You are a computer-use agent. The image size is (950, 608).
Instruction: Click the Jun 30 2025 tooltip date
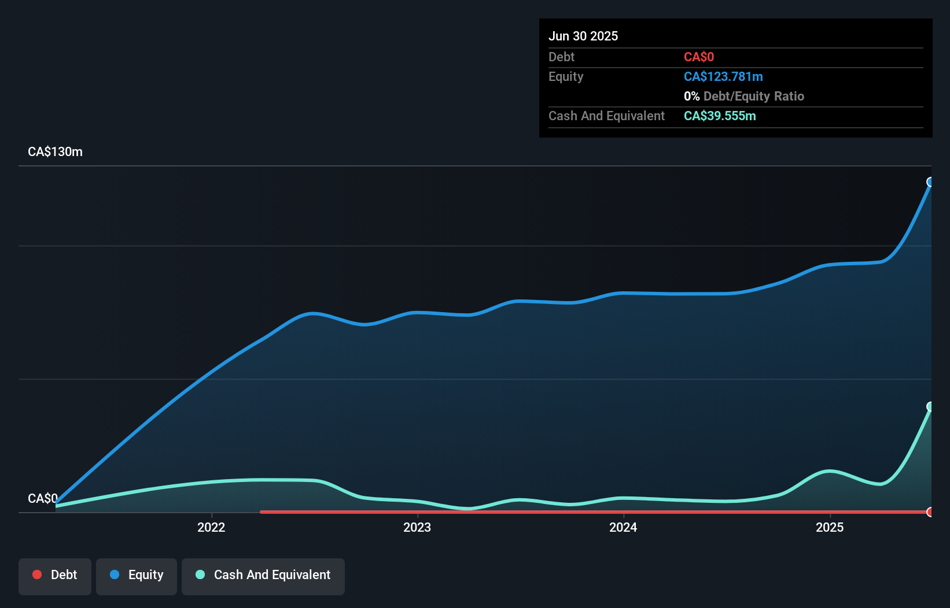[x=583, y=36]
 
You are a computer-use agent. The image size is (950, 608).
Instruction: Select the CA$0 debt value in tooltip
[x=698, y=57]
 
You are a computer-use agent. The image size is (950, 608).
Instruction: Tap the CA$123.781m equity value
[x=723, y=76]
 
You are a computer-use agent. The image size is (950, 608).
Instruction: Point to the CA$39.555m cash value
[x=719, y=116]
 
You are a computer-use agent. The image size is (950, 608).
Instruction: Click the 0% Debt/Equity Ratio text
[x=743, y=96]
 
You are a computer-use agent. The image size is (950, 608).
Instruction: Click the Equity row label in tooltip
[x=565, y=76]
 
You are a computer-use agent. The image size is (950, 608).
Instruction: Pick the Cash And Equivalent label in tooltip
[x=606, y=116]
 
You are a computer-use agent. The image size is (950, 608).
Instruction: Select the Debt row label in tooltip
[x=561, y=57]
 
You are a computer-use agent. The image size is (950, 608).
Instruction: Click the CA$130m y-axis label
[x=55, y=151]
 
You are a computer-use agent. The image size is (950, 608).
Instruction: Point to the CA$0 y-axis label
[x=42, y=498]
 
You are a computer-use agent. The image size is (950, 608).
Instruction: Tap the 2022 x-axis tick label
[x=211, y=527]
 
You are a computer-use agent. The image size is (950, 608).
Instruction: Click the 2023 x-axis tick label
[x=417, y=527]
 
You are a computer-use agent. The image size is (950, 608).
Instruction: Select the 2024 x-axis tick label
[x=623, y=527]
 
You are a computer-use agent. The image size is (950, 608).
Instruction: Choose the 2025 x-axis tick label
[x=829, y=527]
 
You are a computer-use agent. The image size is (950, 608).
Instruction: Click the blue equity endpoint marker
[x=930, y=182]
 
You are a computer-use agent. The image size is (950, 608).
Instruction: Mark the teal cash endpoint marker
[x=930, y=407]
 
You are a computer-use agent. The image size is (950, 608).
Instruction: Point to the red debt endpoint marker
[x=930, y=512]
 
